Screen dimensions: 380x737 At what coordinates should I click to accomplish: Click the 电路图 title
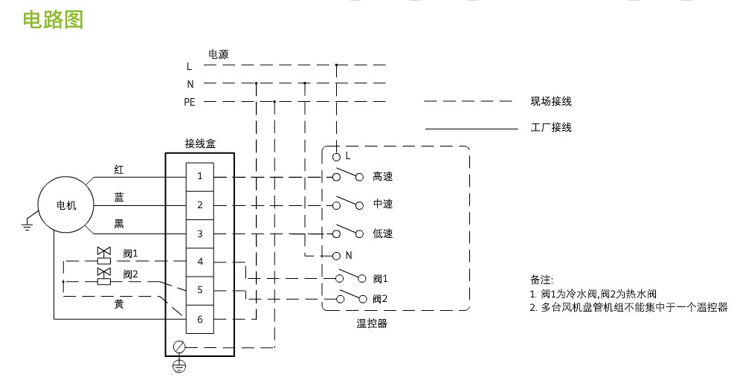(53, 19)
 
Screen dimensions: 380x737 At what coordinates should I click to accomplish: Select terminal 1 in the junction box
(199, 177)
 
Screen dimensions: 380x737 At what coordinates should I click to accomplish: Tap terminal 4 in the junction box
(199, 262)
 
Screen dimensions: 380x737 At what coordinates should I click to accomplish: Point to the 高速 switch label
(382, 177)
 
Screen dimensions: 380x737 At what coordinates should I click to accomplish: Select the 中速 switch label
(382, 205)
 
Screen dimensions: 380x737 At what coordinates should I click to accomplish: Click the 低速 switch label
(382, 233)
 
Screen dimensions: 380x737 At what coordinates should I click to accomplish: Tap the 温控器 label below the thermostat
(372, 323)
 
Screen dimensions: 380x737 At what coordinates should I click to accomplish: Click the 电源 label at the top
(218, 54)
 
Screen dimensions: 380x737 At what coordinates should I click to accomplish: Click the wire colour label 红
(119, 170)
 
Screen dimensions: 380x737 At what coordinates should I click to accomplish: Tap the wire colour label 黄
(119, 305)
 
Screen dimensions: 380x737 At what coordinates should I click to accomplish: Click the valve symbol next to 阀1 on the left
(103, 254)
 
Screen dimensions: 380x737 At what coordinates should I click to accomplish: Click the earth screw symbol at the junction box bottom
(178, 347)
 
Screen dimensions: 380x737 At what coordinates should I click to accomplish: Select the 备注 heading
(541, 280)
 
